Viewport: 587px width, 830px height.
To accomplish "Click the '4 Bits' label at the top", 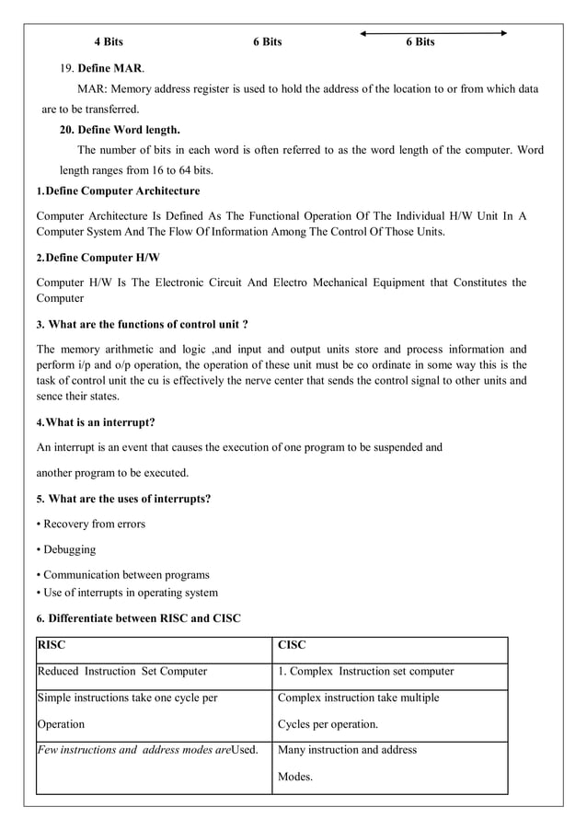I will (109, 42).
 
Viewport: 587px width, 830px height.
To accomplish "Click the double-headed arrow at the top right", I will (433, 33).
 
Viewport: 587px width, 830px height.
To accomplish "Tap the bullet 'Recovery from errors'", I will (94, 525).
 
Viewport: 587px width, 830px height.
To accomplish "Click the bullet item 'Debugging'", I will (69, 550).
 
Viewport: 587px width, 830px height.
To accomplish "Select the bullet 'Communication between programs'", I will (126, 575).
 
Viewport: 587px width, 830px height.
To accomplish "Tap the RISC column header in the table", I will (52, 646).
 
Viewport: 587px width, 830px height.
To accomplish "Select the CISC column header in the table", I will (293, 646).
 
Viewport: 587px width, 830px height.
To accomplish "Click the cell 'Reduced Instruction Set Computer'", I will (121, 672).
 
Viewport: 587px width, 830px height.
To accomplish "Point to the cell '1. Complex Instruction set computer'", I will (365, 672).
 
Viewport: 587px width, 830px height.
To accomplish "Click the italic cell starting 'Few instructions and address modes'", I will (147, 750).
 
